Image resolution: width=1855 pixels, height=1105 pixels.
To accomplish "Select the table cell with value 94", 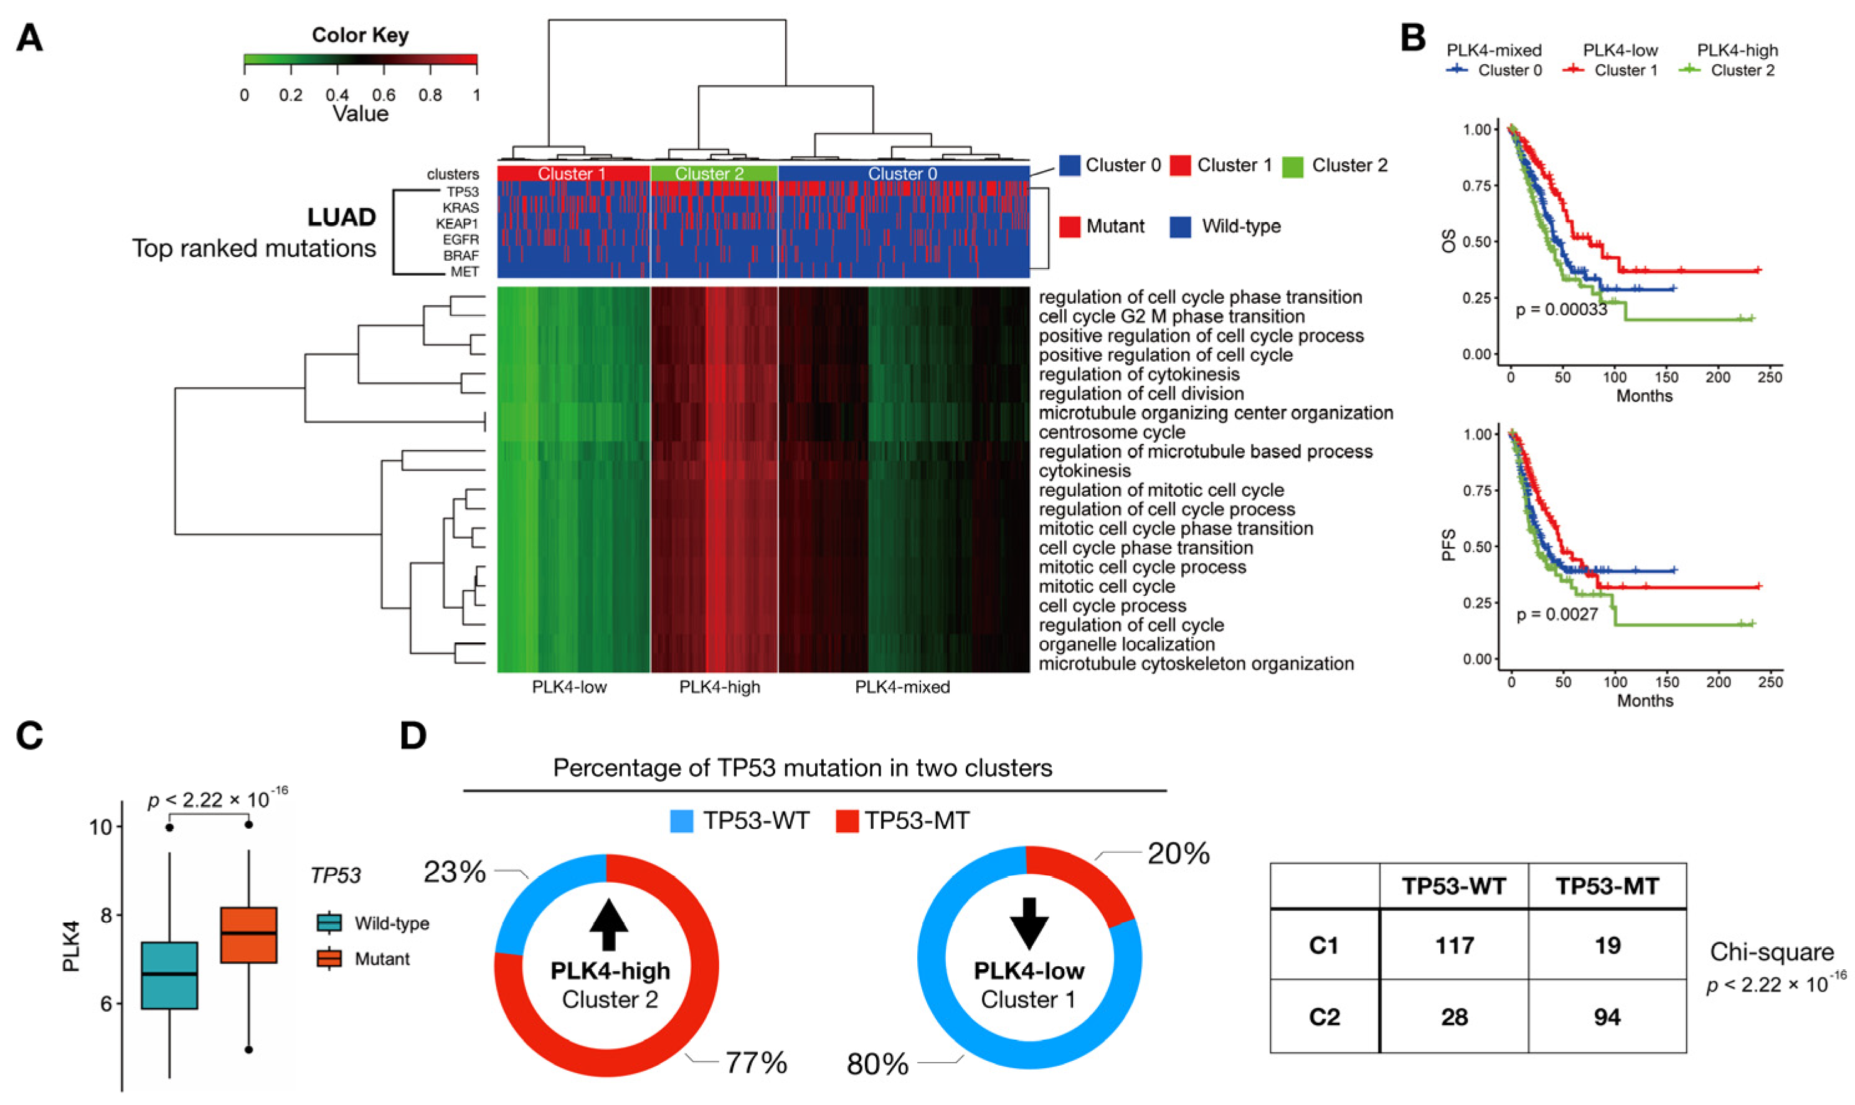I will (1607, 1017).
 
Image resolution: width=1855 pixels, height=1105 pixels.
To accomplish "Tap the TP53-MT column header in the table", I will (1607, 886).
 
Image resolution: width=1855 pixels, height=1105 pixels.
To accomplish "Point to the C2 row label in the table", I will (1324, 1017).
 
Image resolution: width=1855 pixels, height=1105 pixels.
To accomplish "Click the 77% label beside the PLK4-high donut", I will (756, 1063).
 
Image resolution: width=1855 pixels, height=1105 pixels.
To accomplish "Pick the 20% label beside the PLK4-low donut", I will (1178, 853).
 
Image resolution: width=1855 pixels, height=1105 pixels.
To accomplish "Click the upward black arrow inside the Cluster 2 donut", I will (608, 924).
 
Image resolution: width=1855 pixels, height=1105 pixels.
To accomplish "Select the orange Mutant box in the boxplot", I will (248, 934).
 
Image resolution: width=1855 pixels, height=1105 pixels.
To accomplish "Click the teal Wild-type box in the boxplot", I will (170, 975).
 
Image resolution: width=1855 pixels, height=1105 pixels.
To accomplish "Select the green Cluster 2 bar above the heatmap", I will (714, 174).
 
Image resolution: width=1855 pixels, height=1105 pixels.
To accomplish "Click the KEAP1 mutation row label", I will (457, 223).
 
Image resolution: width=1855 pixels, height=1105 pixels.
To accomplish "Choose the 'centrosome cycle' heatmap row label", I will (1112, 432).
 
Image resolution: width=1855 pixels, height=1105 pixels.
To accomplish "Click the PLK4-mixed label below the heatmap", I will (902, 687).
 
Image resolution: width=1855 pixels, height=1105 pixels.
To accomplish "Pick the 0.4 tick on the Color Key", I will (337, 95).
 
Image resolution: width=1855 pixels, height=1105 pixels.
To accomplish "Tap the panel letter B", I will (1413, 37).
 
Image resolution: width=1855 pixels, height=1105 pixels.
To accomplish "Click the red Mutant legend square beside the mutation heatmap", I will (1069, 227).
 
